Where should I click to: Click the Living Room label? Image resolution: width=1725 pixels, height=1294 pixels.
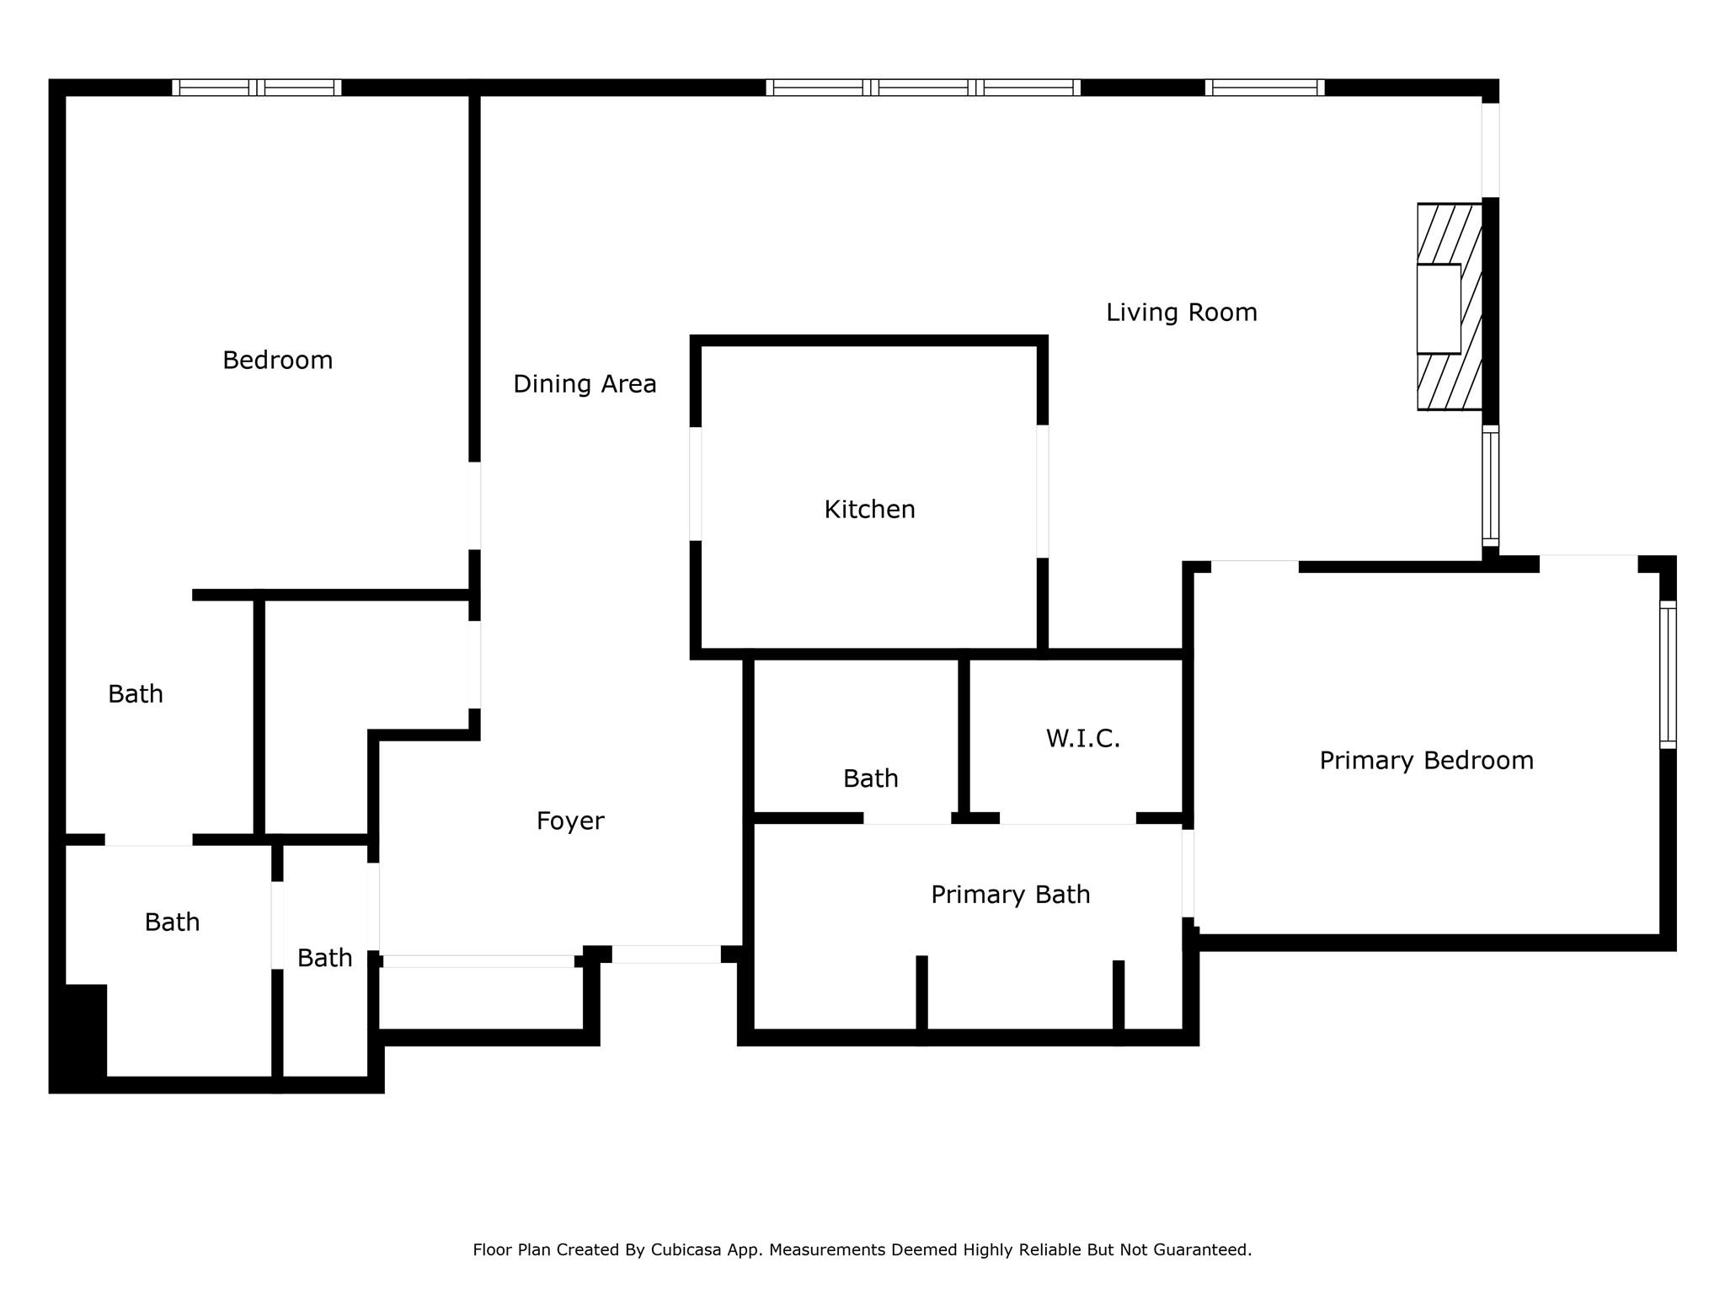click(1181, 313)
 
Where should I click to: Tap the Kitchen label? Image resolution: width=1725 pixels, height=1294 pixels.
click(869, 510)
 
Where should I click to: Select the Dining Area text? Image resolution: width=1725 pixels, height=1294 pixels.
click(585, 384)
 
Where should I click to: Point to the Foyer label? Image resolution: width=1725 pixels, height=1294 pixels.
click(570, 821)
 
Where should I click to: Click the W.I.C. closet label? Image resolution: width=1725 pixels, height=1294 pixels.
click(1083, 739)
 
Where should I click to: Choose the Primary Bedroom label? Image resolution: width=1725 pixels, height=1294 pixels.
click(1426, 761)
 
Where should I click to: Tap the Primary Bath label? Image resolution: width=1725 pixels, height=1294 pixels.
click(1010, 895)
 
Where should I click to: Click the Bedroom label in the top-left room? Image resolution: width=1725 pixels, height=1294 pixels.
click(277, 361)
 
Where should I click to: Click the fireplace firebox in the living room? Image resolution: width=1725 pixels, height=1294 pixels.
click(1439, 309)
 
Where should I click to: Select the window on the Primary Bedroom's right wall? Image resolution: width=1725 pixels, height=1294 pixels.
click(1668, 675)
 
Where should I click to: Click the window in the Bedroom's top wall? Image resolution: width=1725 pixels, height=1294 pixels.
click(257, 88)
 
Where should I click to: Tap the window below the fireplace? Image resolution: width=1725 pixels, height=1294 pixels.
click(1490, 486)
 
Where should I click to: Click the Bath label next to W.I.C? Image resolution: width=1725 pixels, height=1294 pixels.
click(870, 778)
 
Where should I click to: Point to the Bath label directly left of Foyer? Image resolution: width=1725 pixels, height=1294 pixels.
click(324, 959)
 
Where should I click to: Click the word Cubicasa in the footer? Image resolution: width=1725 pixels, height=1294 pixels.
click(685, 1250)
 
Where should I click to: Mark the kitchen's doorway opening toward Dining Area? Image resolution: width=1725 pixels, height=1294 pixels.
click(696, 484)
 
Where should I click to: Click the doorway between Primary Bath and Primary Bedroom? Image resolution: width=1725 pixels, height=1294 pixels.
click(1188, 873)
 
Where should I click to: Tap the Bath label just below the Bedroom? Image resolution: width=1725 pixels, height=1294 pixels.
click(135, 694)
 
